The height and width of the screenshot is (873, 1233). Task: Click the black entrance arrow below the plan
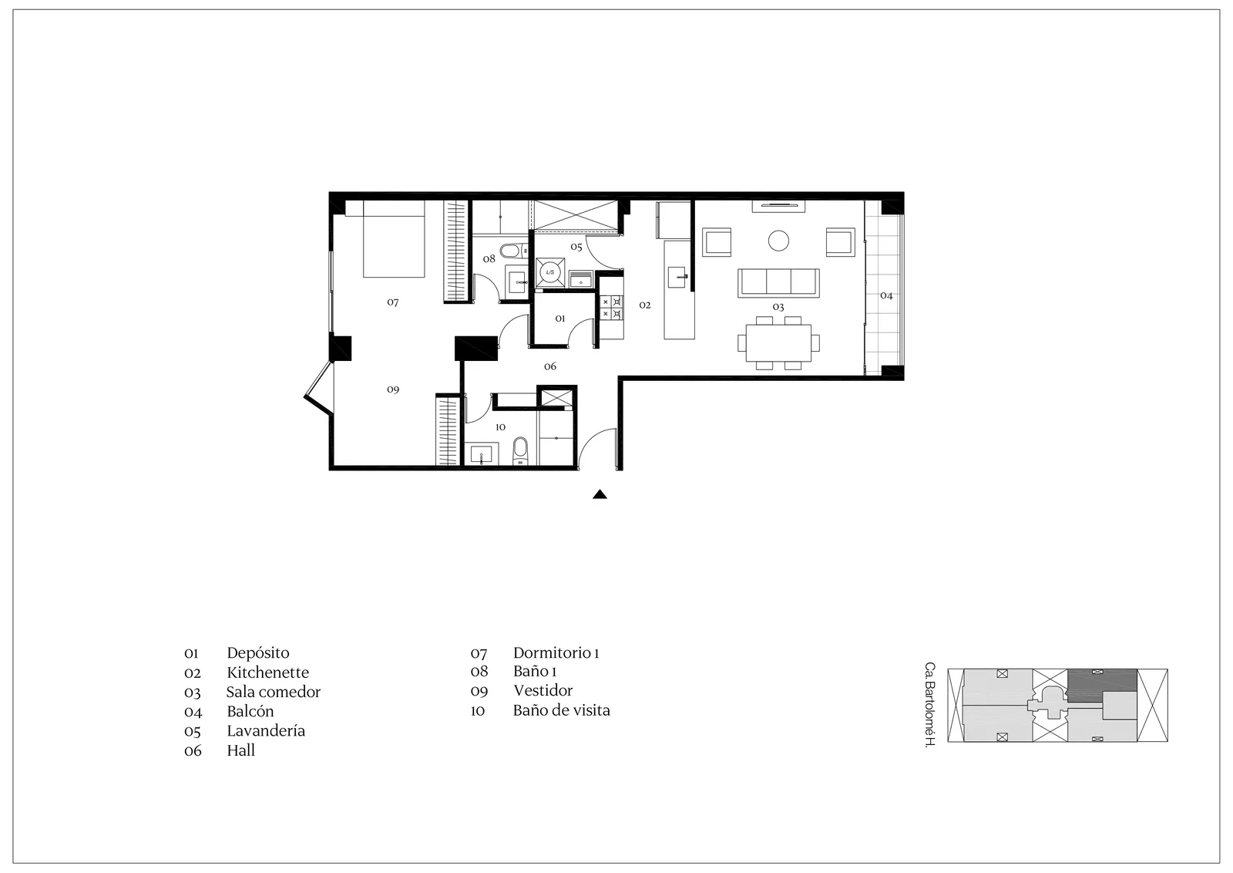(x=600, y=494)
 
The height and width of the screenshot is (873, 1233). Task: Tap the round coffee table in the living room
(x=778, y=240)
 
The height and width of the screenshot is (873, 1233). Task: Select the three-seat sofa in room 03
(x=778, y=283)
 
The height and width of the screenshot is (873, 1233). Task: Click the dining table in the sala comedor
(x=778, y=342)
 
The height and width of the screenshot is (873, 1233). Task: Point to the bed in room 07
(x=394, y=238)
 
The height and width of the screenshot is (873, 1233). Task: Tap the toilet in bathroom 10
(x=520, y=452)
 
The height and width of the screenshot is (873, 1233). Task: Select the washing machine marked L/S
(x=550, y=272)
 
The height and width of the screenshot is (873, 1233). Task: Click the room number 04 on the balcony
(x=886, y=296)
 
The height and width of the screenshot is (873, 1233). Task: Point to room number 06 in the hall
(x=550, y=366)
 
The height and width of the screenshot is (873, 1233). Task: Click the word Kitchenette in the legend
(x=267, y=672)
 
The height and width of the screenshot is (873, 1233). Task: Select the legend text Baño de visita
(x=562, y=710)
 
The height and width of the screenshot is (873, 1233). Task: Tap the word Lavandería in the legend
(x=266, y=731)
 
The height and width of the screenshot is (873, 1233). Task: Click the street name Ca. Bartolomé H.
(x=929, y=704)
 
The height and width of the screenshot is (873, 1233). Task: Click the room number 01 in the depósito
(x=559, y=319)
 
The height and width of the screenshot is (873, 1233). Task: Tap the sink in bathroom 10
(x=482, y=454)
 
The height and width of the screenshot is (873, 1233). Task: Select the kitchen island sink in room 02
(x=677, y=277)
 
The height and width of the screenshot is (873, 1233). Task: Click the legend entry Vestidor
(x=543, y=691)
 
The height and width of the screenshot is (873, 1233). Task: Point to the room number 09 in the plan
(x=392, y=389)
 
